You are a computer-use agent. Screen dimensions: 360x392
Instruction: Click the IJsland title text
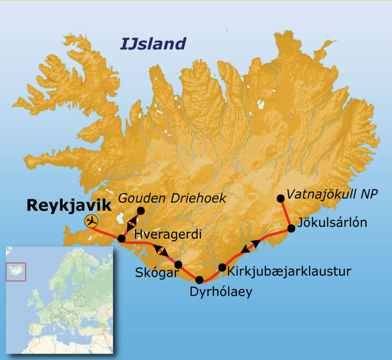click(x=153, y=44)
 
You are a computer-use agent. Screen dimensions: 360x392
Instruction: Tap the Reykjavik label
click(x=69, y=206)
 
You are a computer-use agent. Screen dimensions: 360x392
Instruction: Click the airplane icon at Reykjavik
click(x=91, y=221)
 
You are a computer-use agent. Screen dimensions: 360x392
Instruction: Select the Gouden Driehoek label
click(x=172, y=198)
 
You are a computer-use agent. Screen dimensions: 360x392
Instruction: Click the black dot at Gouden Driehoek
click(x=140, y=210)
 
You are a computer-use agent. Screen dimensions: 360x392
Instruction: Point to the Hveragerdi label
click(x=169, y=234)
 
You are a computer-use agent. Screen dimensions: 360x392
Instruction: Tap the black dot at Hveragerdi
click(x=121, y=239)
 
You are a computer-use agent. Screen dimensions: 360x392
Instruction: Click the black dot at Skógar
click(x=178, y=264)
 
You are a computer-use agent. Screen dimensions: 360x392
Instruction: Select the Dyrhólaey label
click(x=221, y=292)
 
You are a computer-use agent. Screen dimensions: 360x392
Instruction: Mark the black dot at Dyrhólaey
click(x=199, y=280)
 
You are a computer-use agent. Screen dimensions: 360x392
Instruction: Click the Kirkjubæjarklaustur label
click(x=289, y=272)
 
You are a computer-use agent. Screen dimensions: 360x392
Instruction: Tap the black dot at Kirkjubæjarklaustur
click(x=222, y=267)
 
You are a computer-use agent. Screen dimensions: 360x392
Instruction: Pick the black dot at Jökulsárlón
click(x=291, y=229)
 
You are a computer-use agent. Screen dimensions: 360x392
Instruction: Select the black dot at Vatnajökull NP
click(x=281, y=198)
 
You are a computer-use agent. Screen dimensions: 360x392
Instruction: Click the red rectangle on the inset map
click(x=16, y=272)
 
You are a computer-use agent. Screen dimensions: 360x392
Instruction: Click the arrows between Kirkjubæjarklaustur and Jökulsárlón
click(x=251, y=246)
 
